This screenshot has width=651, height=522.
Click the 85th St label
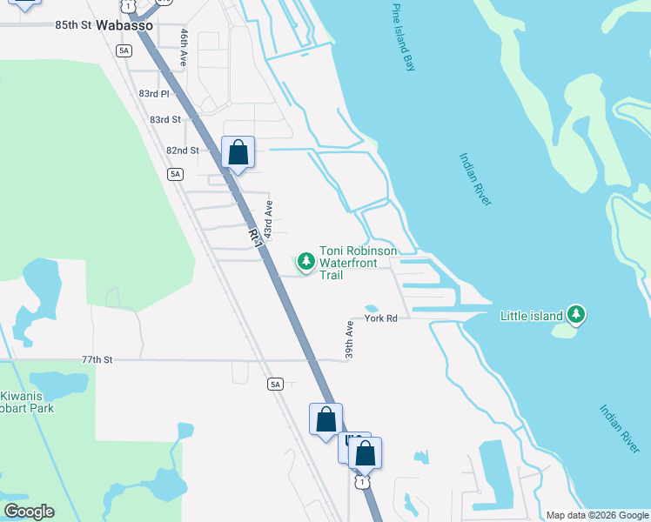click(x=73, y=25)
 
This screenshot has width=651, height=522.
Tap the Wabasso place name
click(x=124, y=25)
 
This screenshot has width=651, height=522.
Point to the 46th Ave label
click(x=185, y=48)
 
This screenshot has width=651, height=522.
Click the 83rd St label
click(x=164, y=119)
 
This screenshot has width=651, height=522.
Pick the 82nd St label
click(x=183, y=151)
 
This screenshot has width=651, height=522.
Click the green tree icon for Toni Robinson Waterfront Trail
click(x=305, y=260)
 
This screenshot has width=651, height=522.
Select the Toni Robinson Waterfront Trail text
click(x=358, y=263)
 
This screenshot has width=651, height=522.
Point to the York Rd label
click(x=380, y=318)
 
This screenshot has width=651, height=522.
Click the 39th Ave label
click(x=349, y=340)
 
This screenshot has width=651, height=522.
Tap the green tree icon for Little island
click(x=575, y=314)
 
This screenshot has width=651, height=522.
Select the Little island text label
click(x=532, y=316)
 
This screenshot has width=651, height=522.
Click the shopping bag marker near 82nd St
click(x=238, y=153)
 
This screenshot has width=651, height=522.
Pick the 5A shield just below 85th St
click(x=124, y=50)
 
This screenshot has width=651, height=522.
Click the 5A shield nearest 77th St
click(x=276, y=384)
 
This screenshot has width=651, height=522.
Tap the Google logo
click(x=29, y=512)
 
